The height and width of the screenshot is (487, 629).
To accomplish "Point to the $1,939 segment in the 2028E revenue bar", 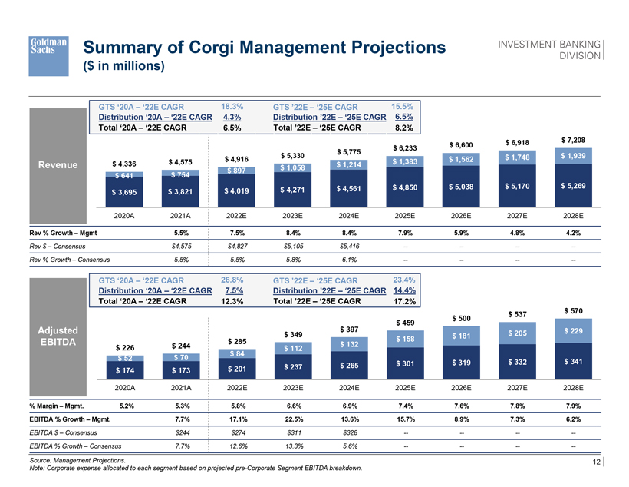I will click(x=573, y=156).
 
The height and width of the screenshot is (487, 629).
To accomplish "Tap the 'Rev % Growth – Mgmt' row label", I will click(x=61, y=233).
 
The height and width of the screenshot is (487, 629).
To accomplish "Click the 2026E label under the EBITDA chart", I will click(x=461, y=388).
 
